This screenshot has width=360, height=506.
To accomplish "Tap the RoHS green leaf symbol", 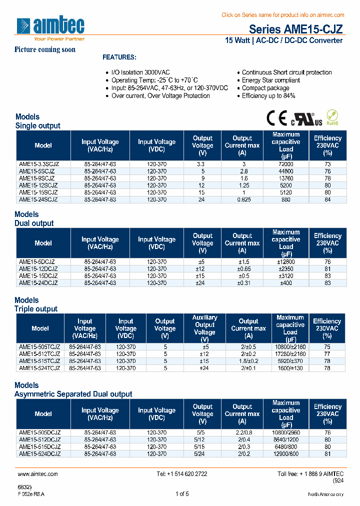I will pos(332,117).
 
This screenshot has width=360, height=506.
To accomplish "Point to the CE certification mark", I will pos(275,118).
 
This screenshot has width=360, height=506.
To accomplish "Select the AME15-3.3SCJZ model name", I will pos(39,164).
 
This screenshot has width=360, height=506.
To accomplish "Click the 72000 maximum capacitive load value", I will pos(286,164).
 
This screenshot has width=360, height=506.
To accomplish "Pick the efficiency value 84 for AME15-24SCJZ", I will pos(327,199).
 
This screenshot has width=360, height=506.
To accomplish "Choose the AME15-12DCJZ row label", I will pos(38,268).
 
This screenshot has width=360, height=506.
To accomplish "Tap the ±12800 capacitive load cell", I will pos(286,261).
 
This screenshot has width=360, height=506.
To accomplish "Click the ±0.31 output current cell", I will pos(242,282).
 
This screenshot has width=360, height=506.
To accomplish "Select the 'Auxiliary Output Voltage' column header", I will pos(204,325).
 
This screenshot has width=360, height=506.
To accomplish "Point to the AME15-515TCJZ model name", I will pos(39,361).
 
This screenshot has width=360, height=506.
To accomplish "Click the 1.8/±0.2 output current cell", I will pos(248,361).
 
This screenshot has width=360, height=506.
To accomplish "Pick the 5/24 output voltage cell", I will pos(202,453).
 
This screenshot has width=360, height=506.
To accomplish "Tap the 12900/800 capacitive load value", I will pos(286,453).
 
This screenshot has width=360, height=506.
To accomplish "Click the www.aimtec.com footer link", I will pos(37,474).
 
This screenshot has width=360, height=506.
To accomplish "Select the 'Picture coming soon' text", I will pos(45,49).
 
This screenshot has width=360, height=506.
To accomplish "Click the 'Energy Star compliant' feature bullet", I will pos(271,80).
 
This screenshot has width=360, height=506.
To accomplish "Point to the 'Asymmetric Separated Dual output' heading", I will pos(73,394).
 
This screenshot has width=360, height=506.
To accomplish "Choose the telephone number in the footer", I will pos(182,474).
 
